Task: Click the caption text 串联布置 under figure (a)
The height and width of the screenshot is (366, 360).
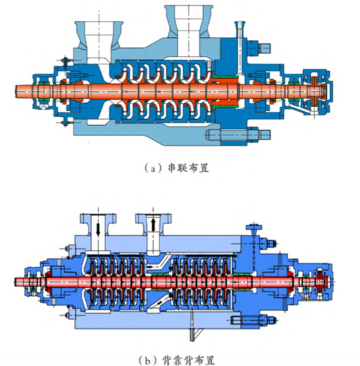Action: [188, 168]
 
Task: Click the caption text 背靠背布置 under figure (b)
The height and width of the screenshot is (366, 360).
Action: [188, 360]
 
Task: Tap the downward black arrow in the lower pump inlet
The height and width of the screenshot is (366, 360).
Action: [98, 229]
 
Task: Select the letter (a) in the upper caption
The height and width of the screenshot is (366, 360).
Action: [153, 168]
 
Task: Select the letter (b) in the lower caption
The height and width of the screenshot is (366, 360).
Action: [147, 360]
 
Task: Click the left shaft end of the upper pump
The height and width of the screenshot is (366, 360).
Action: [17, 91]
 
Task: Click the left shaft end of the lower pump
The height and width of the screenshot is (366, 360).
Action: [16, 282]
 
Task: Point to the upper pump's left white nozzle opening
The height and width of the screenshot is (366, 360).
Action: [98, 40]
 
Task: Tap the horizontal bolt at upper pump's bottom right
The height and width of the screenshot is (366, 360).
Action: [238, 135]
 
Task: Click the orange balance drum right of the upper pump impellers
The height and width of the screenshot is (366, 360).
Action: [227, 91]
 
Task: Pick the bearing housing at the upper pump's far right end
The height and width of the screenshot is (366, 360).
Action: [317, 91]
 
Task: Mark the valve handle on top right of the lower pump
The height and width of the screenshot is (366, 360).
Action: [254, 227]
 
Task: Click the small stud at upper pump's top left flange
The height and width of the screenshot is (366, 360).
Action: [65, 61]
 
